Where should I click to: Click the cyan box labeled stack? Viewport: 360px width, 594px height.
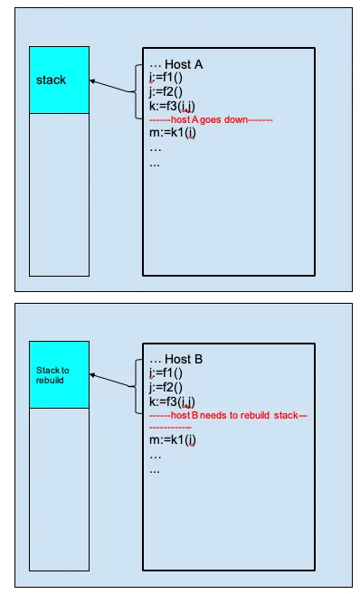[59, 80]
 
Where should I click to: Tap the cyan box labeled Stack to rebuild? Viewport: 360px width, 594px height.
[59, 374]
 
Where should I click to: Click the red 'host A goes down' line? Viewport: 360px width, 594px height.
[211, 119]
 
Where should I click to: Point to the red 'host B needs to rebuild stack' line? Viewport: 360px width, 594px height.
[226, 414]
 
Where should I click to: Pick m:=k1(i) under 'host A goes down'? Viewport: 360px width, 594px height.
[174, 134]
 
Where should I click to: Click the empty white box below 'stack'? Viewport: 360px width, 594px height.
[59, 194]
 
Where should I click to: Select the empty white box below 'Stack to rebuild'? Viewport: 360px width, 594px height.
[59, 488]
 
